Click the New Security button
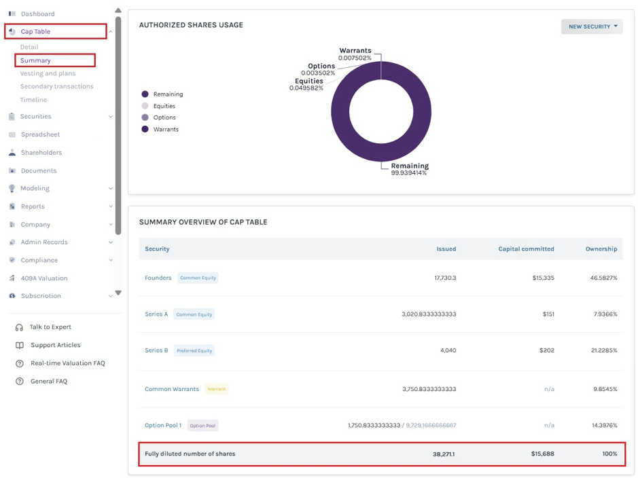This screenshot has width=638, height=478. click(x=592, y=26)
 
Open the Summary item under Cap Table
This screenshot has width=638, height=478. click(x=35, y=60)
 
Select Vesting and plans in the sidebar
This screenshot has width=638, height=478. click(x=48, y=73)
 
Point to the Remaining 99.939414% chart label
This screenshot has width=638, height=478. click(x=409, y=169)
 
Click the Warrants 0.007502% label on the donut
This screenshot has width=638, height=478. click(x=355, y=54)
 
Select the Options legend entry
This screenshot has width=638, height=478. click(x=159, y=117)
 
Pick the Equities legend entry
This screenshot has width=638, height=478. click(x=158, y=106)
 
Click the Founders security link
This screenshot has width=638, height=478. click(x=158, y=278)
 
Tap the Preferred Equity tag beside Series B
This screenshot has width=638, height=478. click(x=194, y=350)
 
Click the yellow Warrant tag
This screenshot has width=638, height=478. click(x=217, y=389)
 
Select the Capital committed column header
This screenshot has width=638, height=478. click(x=526, y=249)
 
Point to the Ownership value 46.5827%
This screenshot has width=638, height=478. click(x=603, y=278)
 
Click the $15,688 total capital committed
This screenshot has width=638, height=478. click(x=542, y=454)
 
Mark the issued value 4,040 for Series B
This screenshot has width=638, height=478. click(x=448, y=350)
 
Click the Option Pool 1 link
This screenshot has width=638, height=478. click(x=163, y=425)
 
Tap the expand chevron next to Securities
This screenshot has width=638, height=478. click(x=111, y=117)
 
